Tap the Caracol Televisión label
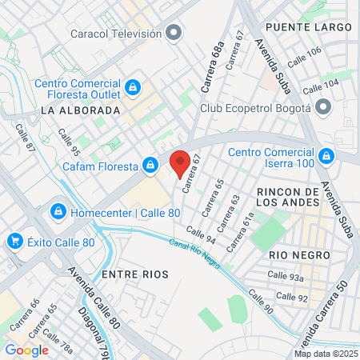coord(116,34)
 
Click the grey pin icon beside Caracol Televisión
coord(174,34)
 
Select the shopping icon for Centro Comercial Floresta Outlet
coord(134,86)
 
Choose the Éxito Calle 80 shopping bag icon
coord(14,241)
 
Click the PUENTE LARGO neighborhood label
coord(309,27)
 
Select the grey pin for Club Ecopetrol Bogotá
coord(323,107)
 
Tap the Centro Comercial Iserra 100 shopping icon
coord(326,154)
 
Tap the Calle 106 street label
coord(304,58)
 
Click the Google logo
coord(27,350)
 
